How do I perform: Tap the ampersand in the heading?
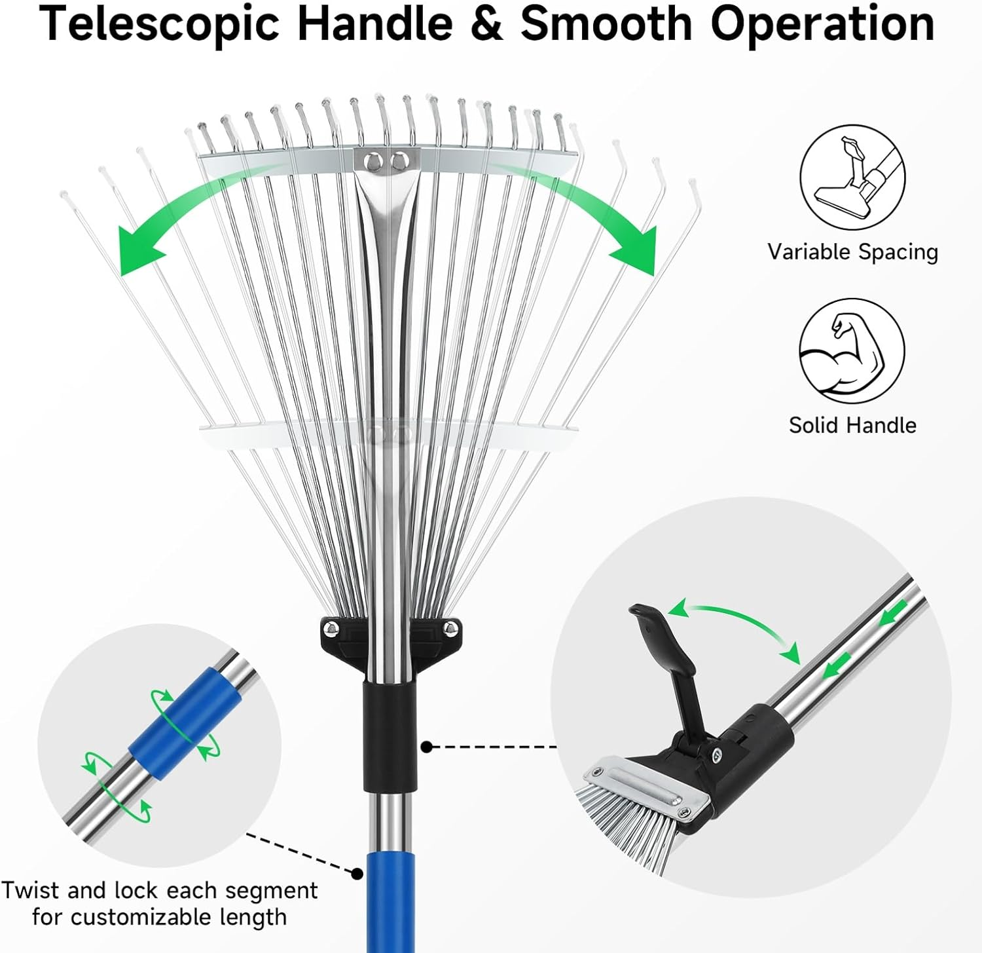486,24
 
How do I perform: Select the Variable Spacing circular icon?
852,178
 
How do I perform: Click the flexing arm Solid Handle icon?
852,351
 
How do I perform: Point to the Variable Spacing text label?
852,252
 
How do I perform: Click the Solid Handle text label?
852,425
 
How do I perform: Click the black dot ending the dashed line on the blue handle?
357,874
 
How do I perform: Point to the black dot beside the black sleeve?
427,747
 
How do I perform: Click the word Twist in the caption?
29,891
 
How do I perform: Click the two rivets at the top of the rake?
387,160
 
